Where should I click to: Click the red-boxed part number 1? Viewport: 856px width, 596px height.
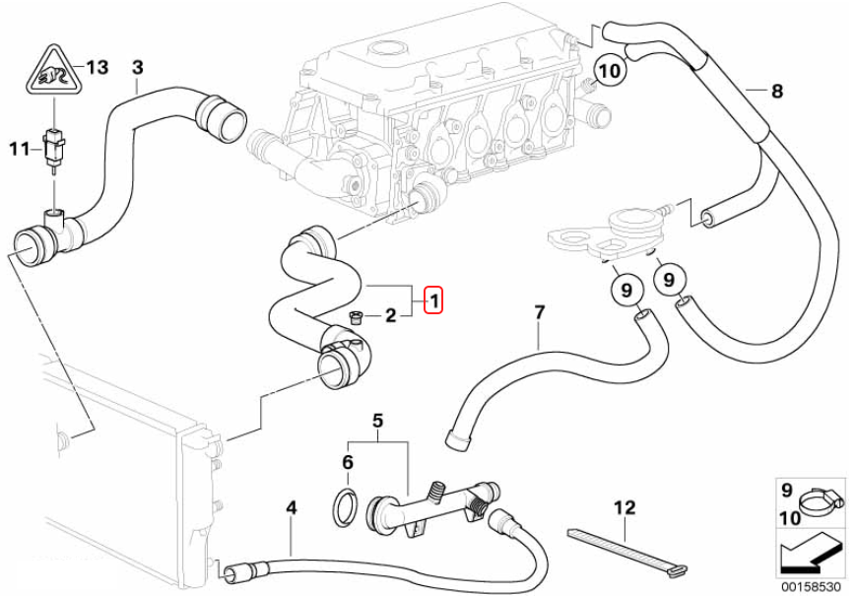click(434, 299)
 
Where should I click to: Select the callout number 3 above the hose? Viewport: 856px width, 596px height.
click(137, 67)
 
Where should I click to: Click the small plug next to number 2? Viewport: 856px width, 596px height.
click(356, 316)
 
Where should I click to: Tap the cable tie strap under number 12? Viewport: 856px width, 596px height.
click(621, 547)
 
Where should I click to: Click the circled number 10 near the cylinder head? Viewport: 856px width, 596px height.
click(610, 71)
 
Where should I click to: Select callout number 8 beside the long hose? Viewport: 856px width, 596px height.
click(777, 92)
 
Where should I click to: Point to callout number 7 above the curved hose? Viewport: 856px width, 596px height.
click(539, 313)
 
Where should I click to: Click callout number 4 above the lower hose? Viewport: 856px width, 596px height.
click(291, 508)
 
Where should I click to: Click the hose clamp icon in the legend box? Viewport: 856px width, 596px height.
click(817, 503)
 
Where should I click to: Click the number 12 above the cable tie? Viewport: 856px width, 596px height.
click(625, 508)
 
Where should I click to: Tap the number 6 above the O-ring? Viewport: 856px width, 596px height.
click(347, 462)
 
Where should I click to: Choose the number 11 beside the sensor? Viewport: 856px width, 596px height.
click(20, 149)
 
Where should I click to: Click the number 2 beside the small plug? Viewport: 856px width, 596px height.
click(390, 316)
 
